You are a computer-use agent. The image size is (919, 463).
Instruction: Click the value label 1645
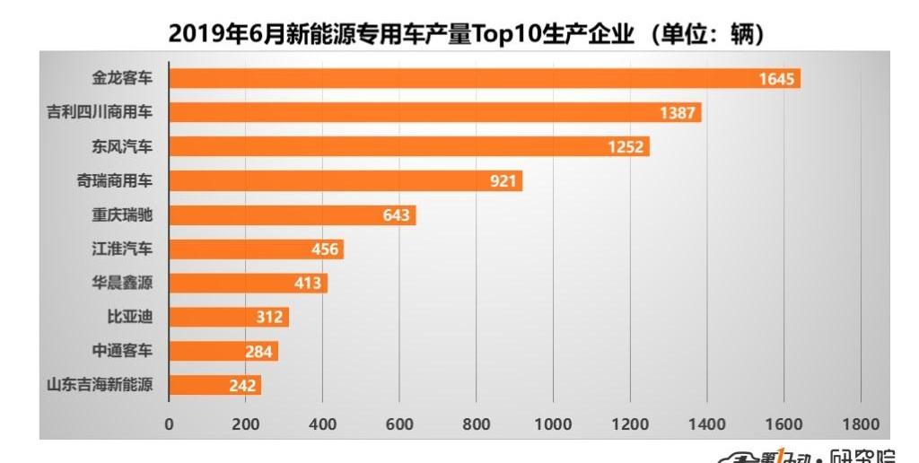pos(776,79)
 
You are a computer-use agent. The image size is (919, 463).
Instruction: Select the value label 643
pos(396,215)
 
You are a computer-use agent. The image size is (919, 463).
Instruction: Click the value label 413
pos(308,284)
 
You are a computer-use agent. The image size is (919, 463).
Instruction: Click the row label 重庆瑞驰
pos(123,214)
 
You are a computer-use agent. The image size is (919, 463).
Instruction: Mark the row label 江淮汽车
pos(123,249)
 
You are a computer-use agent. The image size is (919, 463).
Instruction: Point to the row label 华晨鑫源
pos(123,283)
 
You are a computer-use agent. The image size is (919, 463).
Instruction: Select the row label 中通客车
pos(123,351)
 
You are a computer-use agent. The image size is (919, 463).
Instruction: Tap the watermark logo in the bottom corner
pos(808,455)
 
